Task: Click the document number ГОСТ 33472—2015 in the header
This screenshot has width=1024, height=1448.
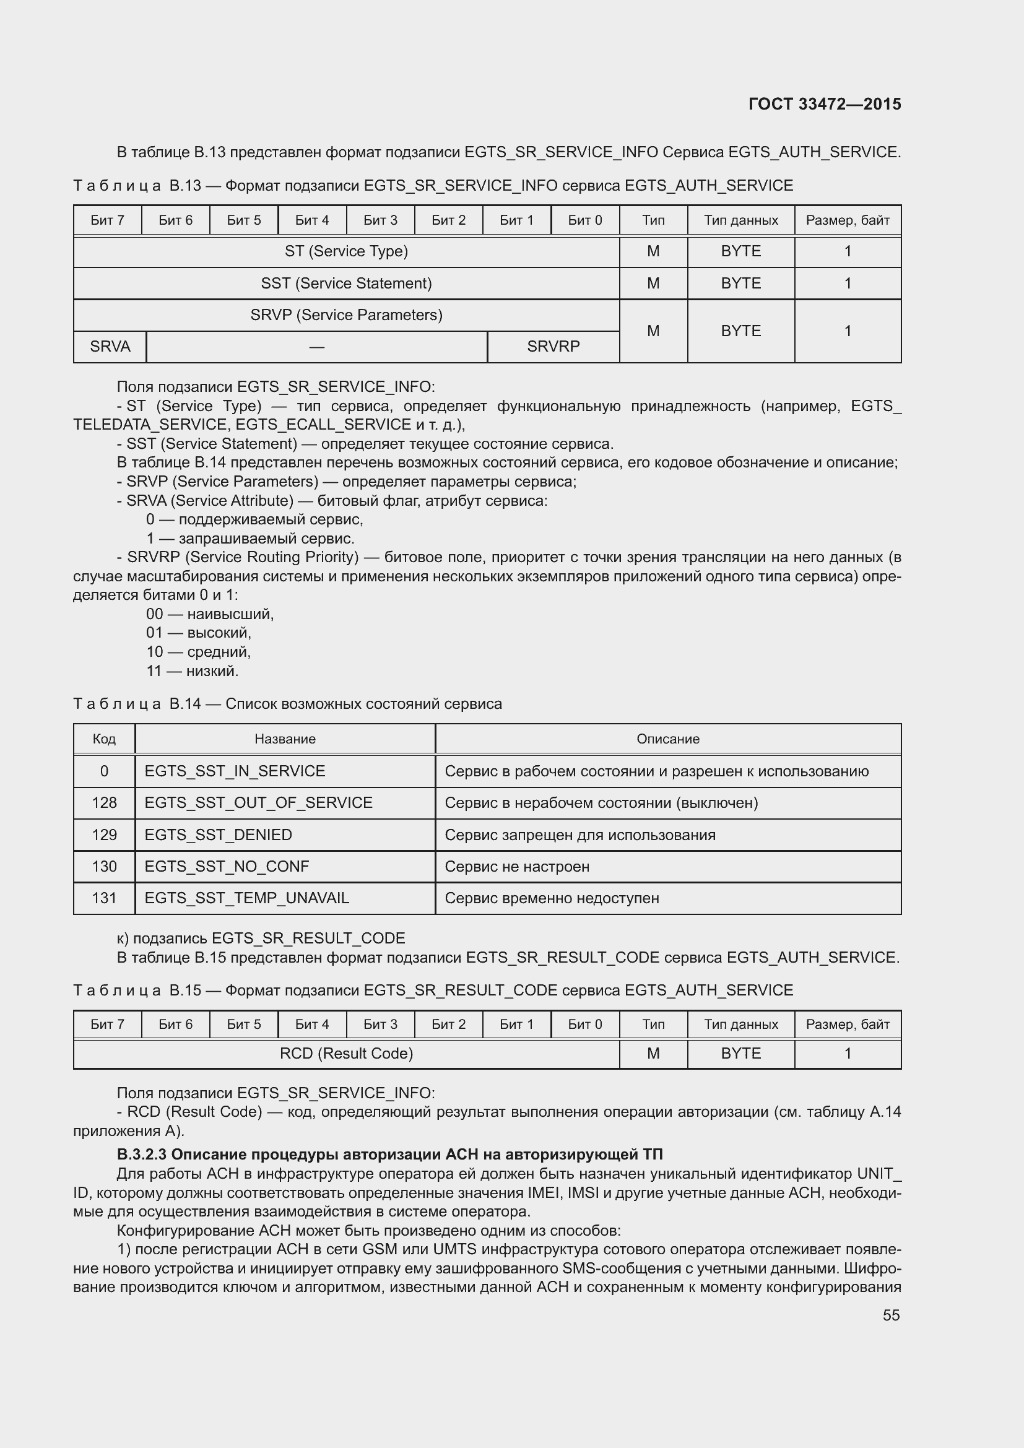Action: pos(824,104)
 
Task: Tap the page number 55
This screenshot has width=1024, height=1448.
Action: pos(891,1315)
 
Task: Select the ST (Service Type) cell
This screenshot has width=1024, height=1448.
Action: pos(346,251)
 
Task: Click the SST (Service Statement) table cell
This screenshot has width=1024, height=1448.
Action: pos(346,283)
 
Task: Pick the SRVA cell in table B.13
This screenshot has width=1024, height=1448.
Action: pos(110,346)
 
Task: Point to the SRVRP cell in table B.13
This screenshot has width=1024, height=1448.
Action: pos(553,346)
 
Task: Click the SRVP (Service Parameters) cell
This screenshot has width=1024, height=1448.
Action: pos(346,314)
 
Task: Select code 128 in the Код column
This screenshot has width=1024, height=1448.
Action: pos(104,802)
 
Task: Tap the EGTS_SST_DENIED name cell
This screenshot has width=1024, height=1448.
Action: pos(218,835)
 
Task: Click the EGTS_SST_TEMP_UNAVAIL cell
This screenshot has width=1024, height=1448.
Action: pos(246,898)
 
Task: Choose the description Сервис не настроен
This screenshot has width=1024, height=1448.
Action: pos(517,866)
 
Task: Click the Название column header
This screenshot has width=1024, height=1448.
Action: pos(285,739)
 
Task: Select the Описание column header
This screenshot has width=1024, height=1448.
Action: pos(668,739)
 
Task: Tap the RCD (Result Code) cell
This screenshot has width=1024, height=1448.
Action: pos(346,1053)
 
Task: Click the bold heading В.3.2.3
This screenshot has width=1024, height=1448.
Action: pos(389,1154)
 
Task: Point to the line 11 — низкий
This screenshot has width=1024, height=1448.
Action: pos(193,670)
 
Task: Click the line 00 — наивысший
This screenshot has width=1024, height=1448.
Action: pos(210,613)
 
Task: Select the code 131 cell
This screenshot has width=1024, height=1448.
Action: pos(104,898)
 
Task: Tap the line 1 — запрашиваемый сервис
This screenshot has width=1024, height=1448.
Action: pos(250,538)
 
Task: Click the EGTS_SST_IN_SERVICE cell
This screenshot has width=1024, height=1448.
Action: pos(235,771)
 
